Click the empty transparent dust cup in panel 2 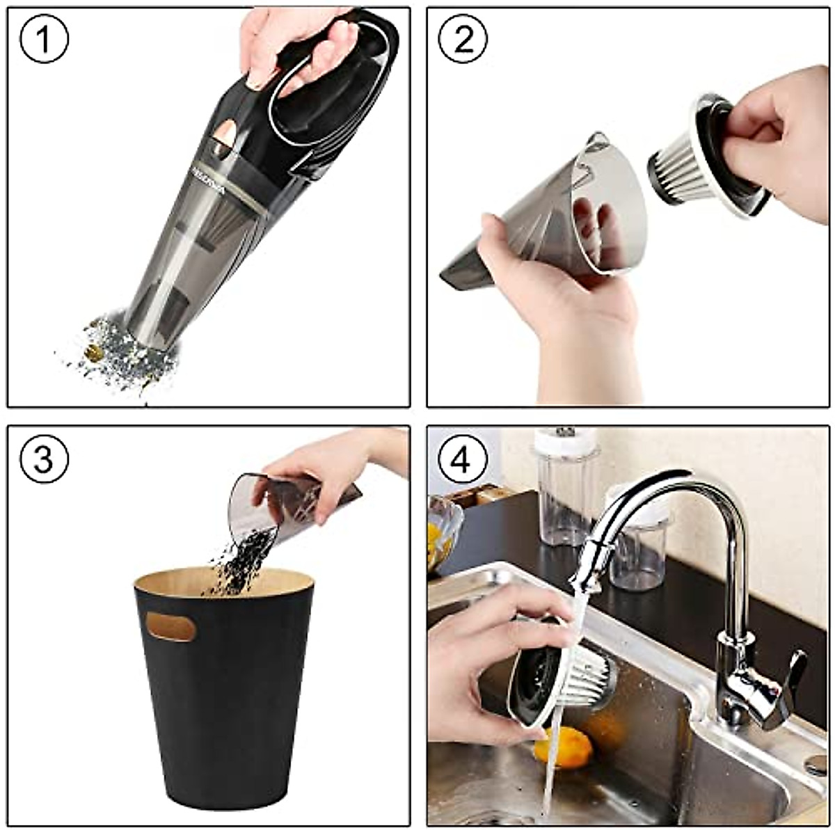click(550, 209)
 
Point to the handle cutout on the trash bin click(171, 626)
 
